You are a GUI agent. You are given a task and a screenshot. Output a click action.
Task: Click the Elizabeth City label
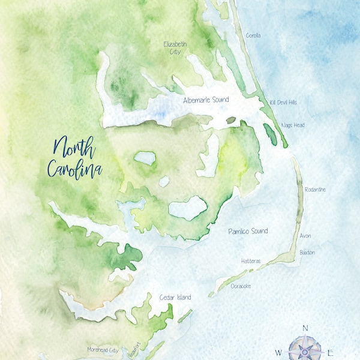click(x=176, y=48)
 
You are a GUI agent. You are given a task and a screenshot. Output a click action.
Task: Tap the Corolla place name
click(x=253, y=35)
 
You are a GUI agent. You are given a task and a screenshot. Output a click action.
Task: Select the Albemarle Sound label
click(x=206, y=100)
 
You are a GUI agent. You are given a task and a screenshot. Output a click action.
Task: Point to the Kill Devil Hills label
click(x=283, y=103)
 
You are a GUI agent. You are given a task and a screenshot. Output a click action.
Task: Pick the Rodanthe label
click(x=315, y=190)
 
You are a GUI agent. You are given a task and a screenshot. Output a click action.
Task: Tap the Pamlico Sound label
click(x=247, y=231)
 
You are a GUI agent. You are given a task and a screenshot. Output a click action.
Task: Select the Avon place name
click(x=305, y=236)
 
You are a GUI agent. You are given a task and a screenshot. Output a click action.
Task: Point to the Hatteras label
click(x=250, y=261)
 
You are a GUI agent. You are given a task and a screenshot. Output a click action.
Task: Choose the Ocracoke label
click(x=241, y=286)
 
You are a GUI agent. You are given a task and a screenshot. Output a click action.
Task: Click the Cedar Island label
click(x=175, y=297)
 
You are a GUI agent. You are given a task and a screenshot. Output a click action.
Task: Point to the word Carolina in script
click(x=74, y=169)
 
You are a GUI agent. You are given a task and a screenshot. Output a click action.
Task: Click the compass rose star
click(x=305, y=350)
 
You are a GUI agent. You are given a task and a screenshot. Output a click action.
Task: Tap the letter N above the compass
click(x=305, y=328)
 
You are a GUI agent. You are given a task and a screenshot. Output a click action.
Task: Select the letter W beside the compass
click(x=278, y=352)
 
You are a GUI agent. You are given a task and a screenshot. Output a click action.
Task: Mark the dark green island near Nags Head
click(x=270, y=134)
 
